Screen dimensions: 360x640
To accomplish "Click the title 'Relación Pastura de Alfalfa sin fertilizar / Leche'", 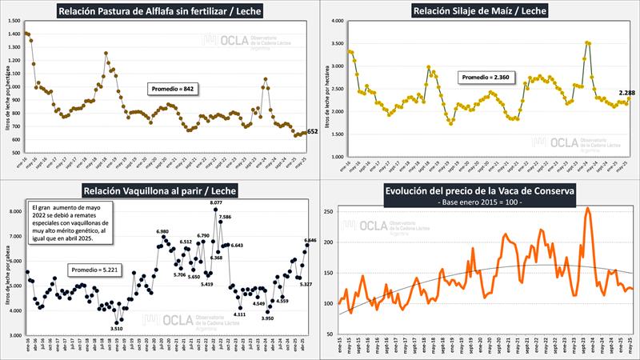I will coord(161,11).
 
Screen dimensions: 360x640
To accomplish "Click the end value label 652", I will coord(313,131).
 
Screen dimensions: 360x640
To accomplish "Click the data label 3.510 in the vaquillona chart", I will coord(117,328).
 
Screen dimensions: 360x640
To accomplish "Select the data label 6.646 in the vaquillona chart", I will coord(310,240).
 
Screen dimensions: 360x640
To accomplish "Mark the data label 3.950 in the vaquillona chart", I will coord(267,318).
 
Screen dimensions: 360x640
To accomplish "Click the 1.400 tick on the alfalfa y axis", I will coord(15,34).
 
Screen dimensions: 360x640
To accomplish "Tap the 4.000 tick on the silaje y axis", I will coord(336,21).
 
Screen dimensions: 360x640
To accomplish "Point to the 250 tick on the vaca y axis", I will coord(328,211).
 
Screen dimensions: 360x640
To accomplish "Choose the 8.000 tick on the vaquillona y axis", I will coord(15,212).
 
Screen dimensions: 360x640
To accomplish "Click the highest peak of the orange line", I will coord(588,208).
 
